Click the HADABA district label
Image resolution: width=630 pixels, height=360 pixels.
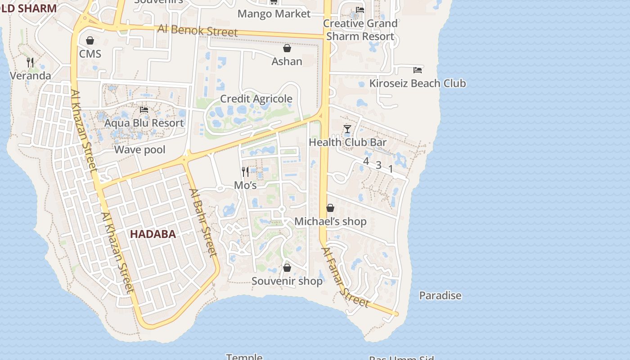(153, 234)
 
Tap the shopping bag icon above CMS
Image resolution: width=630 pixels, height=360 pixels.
(90, 41)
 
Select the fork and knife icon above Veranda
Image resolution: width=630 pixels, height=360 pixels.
(30, 62)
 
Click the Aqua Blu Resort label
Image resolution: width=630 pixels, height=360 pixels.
(144, 123)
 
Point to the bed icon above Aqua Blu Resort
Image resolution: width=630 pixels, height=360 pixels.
(144, 109)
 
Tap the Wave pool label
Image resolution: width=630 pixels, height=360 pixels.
(140, 149)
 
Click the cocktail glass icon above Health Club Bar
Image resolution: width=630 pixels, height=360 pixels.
(347, 129)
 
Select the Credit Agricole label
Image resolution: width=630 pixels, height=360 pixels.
(256, 99)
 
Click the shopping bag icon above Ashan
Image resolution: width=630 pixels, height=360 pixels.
(287, 48)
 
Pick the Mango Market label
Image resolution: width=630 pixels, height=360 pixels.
(274, 13)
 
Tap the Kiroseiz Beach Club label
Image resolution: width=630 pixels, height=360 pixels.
(418, 83)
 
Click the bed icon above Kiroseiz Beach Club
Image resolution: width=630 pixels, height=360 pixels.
(418, 70)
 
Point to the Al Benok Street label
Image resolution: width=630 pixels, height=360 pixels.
(198, 31)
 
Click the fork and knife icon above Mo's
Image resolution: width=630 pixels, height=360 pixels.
(245, 171)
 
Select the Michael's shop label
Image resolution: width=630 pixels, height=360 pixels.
(330, 221)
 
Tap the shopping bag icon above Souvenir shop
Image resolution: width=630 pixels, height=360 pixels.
(287, 268)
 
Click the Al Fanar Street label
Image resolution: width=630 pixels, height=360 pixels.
(345, 277)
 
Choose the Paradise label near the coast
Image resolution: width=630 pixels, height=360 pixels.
(440, 296)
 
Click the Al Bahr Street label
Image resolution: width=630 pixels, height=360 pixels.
(203, 222)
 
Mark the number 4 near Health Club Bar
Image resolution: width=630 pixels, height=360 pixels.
(366, 161)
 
